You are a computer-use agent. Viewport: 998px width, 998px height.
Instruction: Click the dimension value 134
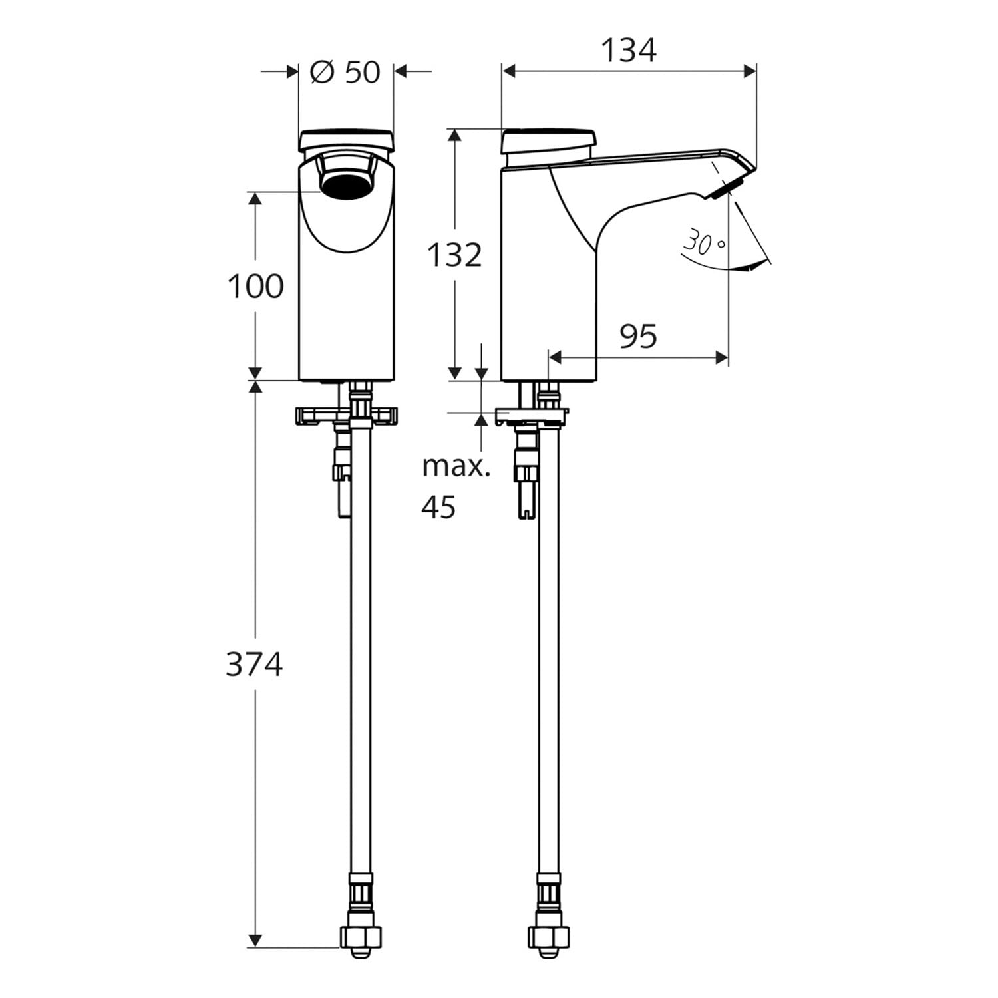pyautogui.click(x=629, y=50)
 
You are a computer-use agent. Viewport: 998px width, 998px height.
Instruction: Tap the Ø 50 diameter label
pyautogui.click(x=345, y=72)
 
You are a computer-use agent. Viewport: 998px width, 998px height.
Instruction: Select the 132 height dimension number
pyautogui.click(x=454, y=255)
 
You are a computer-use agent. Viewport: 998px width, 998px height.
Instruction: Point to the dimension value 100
pyautogui.click(x=255, y=287)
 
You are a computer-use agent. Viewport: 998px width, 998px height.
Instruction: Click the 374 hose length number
pyautogui.click(x=254, y=664)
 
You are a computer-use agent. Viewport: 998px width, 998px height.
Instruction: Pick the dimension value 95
pyautogui.click(x=638, y=337)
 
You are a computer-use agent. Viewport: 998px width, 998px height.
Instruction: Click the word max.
pyautogui.click(x=456, y=467)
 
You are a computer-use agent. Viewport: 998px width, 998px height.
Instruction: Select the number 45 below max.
pyautogui.click(x=438, y=507)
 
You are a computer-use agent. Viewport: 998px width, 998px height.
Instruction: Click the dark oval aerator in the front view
pyautogui.click(x=345, y=186)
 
